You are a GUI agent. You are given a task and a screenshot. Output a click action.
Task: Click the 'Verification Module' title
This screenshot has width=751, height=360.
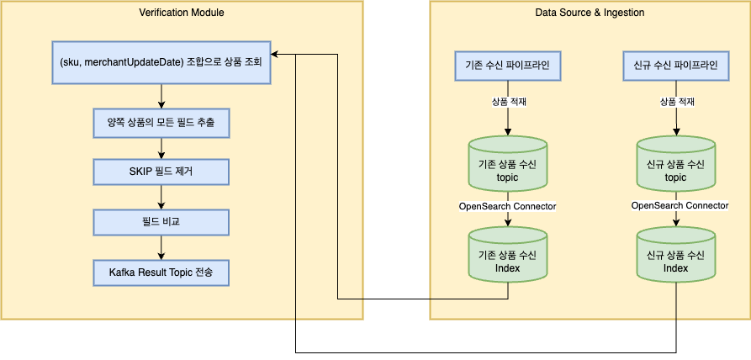(182, 12)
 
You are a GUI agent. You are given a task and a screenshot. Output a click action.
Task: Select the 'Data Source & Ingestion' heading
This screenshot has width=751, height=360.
(590, 12)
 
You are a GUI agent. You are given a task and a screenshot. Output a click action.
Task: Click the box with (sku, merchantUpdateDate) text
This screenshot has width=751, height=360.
(161, 63)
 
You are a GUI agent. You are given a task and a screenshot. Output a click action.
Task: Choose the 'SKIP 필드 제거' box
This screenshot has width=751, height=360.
(161, 172)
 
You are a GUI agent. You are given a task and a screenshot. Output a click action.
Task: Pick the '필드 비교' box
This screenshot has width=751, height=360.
(161, 222)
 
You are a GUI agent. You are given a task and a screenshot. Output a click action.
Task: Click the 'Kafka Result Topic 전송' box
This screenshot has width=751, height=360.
(161, 273)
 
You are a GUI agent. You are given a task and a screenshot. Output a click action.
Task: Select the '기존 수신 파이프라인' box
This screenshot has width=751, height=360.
(507, 64)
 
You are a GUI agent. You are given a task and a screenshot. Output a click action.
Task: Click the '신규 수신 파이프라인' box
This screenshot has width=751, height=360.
(675, 64)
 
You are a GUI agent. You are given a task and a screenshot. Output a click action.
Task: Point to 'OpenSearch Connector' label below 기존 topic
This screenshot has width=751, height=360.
(507, 205)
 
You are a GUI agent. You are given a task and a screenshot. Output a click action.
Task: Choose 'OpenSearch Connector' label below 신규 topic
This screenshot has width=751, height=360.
(680, 205)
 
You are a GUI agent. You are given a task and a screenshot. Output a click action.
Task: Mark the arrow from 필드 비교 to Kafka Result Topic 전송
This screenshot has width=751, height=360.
(161, 247)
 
